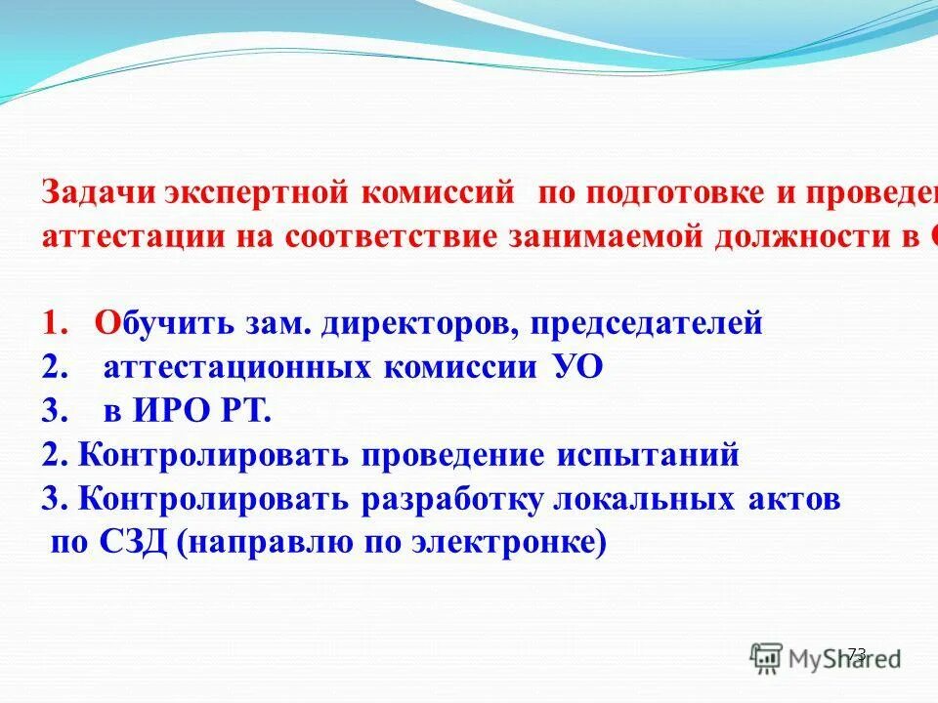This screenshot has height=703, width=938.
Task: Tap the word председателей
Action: [646, 324]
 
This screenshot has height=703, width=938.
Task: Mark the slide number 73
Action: [857, 653]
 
